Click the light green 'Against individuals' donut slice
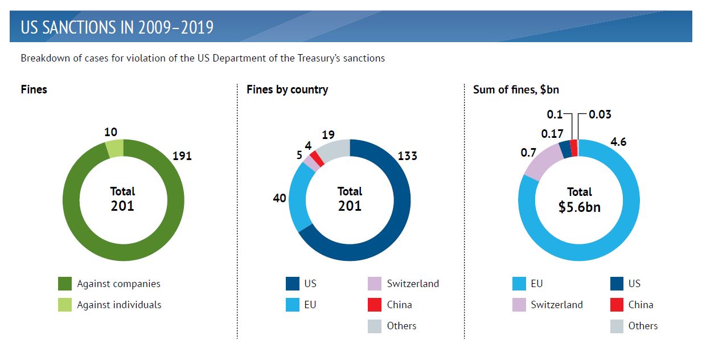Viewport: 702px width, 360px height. (114, 148)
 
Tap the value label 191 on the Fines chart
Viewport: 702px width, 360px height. (182, 156)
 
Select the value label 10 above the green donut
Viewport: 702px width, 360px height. (110, 132)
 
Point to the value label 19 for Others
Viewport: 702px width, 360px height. (327, 135)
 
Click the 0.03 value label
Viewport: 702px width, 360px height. (600, 114)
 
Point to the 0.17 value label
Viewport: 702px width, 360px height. (552, 134)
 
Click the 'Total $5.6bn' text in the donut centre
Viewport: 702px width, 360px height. (579, 199)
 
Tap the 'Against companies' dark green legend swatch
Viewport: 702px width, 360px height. (65, 284)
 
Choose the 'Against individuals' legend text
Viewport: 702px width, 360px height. (119, 305)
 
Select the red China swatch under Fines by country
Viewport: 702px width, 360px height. (375, 305)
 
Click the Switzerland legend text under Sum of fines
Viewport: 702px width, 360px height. (556, 305)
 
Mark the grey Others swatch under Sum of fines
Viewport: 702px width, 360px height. (617, 326)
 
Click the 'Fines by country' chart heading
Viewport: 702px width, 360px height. (287, 89)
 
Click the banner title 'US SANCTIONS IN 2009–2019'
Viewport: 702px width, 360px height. (117, 27)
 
